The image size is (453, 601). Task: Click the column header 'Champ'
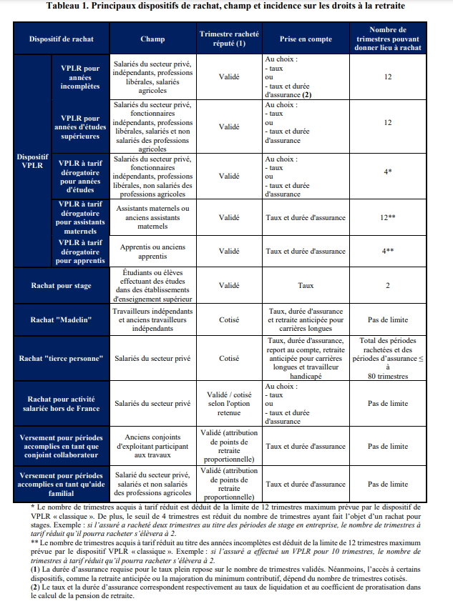coord(152,37)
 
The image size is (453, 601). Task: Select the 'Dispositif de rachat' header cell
coord(61,37)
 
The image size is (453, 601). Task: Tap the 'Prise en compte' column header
coord(306,37)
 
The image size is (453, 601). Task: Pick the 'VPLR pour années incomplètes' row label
coord(81,76)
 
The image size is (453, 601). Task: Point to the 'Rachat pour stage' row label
coord(62,286)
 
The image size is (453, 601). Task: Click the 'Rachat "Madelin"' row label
coord(62,319)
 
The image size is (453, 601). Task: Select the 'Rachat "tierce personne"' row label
coord(62,358)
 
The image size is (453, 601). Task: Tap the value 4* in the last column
coord(388,172)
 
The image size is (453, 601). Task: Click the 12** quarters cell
coord(388,217)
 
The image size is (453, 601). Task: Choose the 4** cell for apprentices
coord(388,252)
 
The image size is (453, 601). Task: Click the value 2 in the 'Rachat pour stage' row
coord(388,286)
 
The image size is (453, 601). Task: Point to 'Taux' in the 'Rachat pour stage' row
coord(306,286)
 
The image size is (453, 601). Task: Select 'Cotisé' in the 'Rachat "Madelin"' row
coord(229,319)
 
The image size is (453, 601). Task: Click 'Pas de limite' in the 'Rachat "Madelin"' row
coord(388,319)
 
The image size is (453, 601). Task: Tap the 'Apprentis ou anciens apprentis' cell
coord(152,252)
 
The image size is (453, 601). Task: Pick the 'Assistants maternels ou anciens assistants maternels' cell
coord(152,217)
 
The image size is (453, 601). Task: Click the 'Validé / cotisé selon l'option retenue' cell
coord(229,403)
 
